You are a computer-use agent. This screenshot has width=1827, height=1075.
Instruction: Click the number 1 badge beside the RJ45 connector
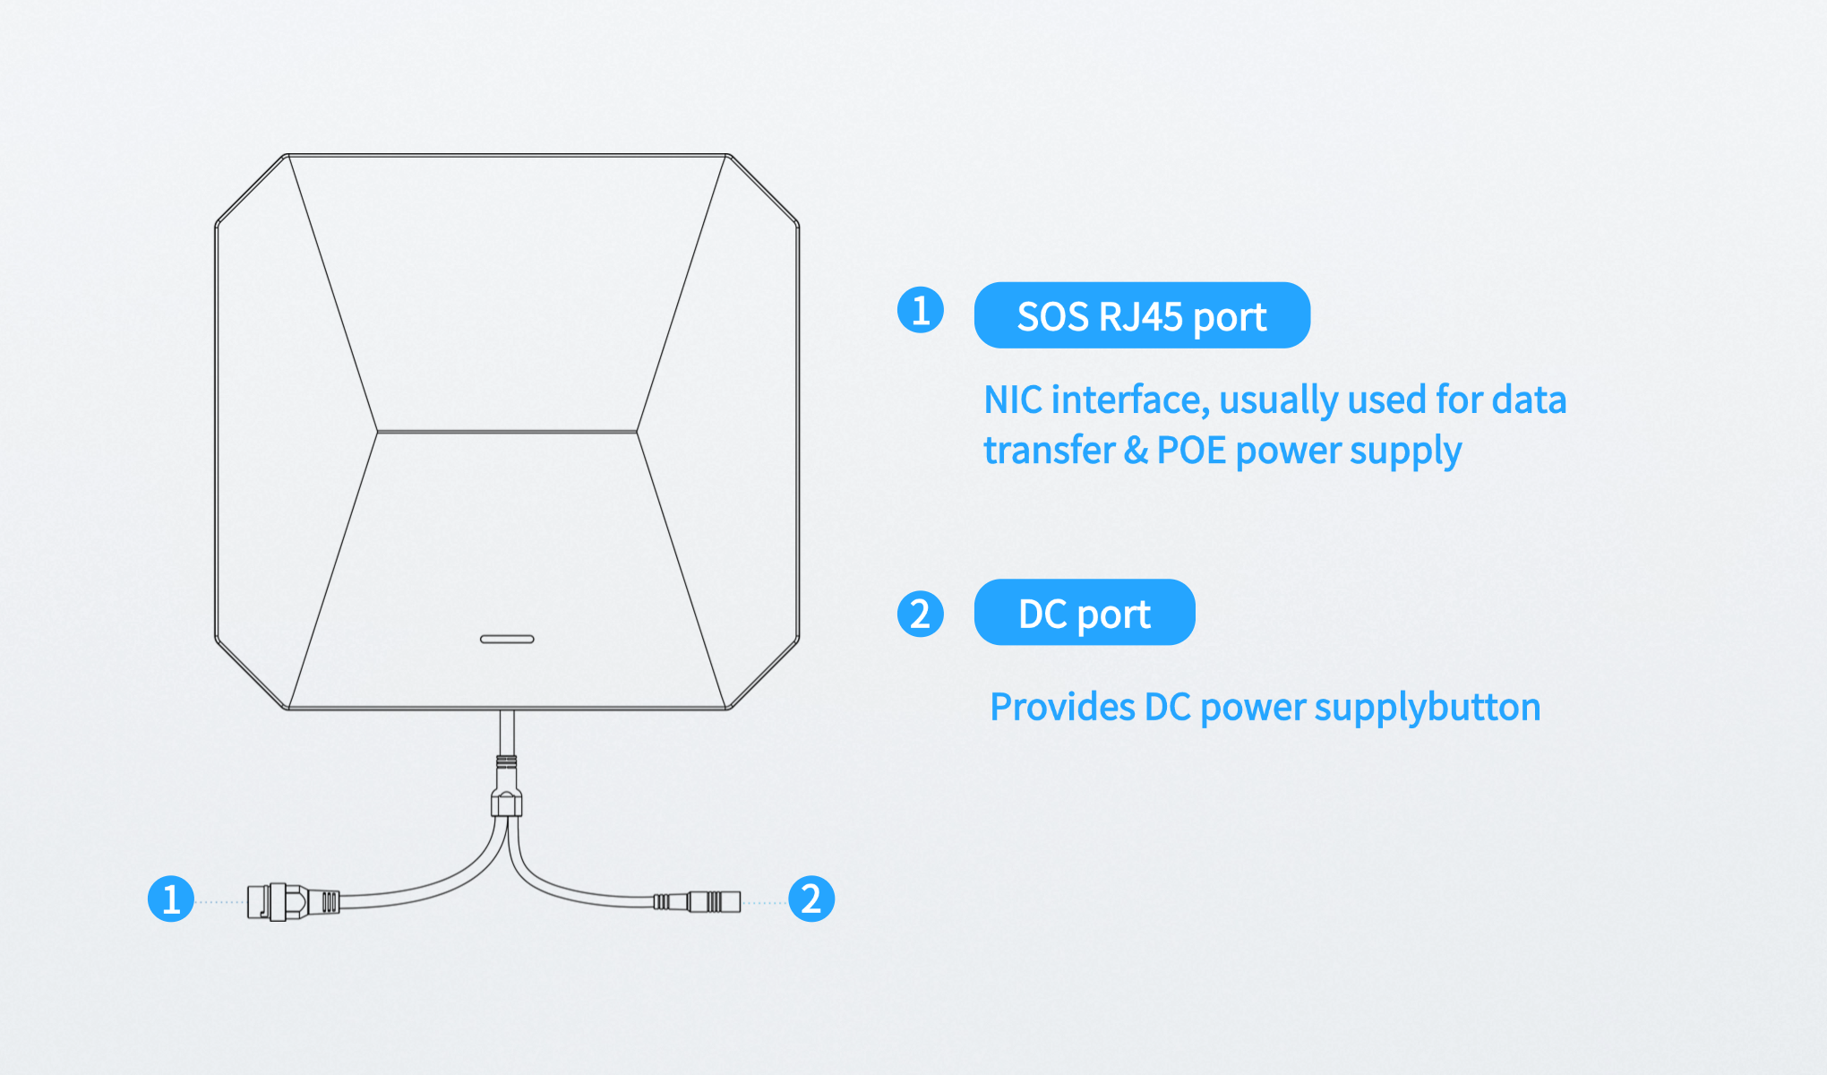[171, 899]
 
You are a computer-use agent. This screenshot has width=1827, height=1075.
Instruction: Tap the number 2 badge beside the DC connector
[811, 899]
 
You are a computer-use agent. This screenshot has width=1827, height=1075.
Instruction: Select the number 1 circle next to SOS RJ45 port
[921, 310]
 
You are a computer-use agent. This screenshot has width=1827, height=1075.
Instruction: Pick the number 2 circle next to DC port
[921, 614]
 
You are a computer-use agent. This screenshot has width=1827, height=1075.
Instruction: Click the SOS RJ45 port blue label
[1142, 315]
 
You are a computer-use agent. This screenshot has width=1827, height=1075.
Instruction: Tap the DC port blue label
[1085, 613]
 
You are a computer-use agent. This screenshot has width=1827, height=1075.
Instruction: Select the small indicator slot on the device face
[507, 639]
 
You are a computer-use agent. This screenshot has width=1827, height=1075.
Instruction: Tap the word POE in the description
[1191, 451]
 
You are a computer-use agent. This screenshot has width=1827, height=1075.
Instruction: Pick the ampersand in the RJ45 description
[1136, 451]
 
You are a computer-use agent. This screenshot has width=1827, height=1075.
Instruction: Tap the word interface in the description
[1130, 400]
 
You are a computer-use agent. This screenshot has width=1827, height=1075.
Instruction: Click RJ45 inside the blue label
[1140, 316]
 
